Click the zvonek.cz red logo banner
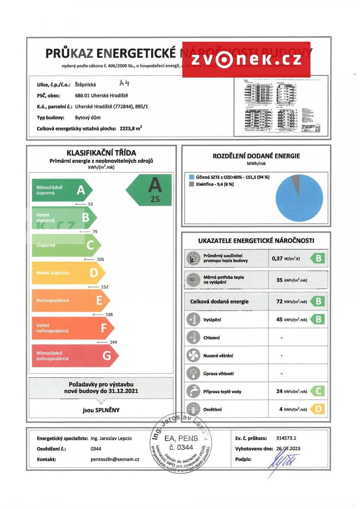[x=246, y=59]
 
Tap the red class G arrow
[x=74, y=356]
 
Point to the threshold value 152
[x=105, y=287]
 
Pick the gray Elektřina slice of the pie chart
[x=296, y=185]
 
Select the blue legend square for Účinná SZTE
[x=192, y=177]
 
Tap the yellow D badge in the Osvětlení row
[x=318, y=409]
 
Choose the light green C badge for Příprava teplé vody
[x=318, y=391]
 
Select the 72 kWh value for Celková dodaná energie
[x=291, y=302]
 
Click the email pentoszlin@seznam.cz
[x=115, y=459]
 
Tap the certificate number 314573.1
[x=286, y=438]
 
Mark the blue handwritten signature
[x=283, y=461]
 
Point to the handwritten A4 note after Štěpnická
[x=124, y=83]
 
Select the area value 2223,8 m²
[x=131, y=129]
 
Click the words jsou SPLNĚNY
[x=101, y=410]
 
